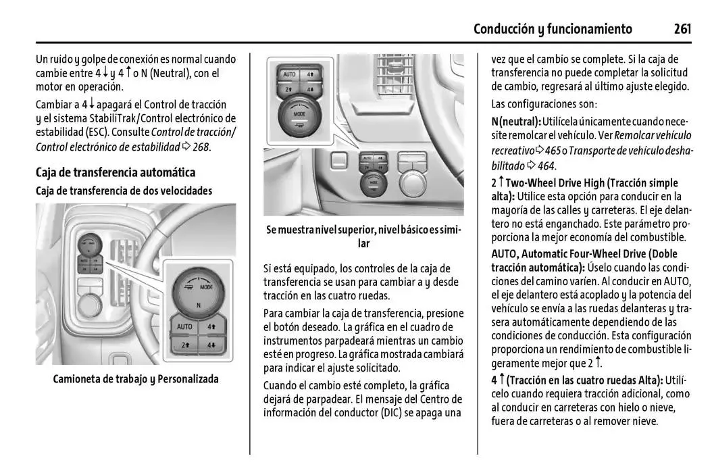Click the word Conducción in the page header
click(x=504, y=28)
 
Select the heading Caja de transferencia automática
click(x=116, y=172)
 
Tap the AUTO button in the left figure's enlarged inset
click(x=184, y=327)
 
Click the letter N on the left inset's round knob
click(x=198, y=305)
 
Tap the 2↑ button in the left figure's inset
click(x=184, y=345)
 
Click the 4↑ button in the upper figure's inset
click(x=311, y=74)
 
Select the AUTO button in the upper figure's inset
click(x=289, y=74)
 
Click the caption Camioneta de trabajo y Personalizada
click(x=136, y=379)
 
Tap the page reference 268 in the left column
click(x=201, y=147)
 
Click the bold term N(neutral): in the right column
click(x=516, y=121)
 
